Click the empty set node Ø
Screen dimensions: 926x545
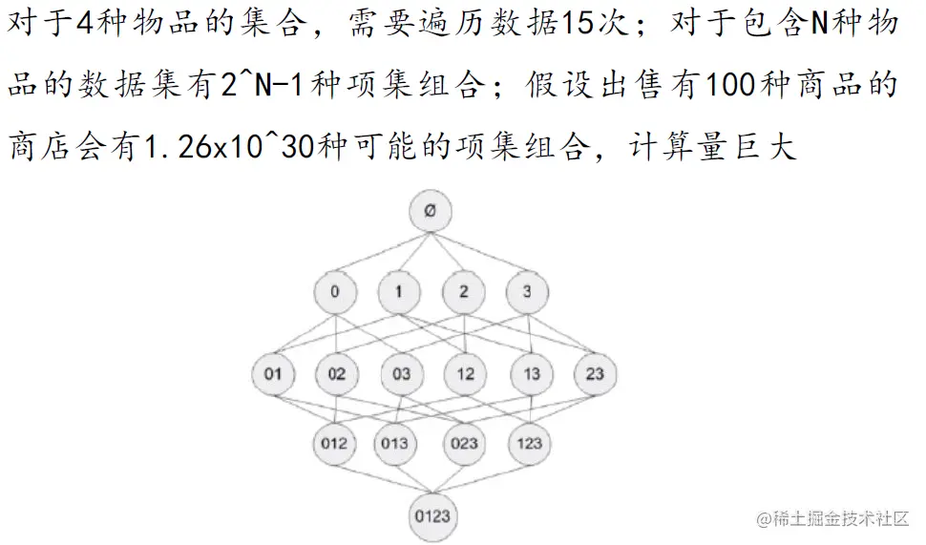coord(431,212)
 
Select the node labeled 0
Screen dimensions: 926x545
coord(335,292)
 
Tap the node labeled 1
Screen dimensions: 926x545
coord(399,292)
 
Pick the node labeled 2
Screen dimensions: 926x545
coord(464,292)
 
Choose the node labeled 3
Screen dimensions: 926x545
coord(527,292)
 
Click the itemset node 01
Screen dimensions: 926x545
coord(273,373)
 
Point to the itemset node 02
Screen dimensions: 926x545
coord(337,373)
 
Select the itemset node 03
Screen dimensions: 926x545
coord(401,373)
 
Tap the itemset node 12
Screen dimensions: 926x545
coord(465,373)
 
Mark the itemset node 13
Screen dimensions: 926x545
coord(531,373)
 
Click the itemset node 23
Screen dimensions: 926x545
coord(595,373)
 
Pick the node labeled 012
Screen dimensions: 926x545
coord(335,443)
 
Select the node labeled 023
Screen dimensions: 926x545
coord(464,443)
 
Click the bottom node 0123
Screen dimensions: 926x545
coord(431,516)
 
